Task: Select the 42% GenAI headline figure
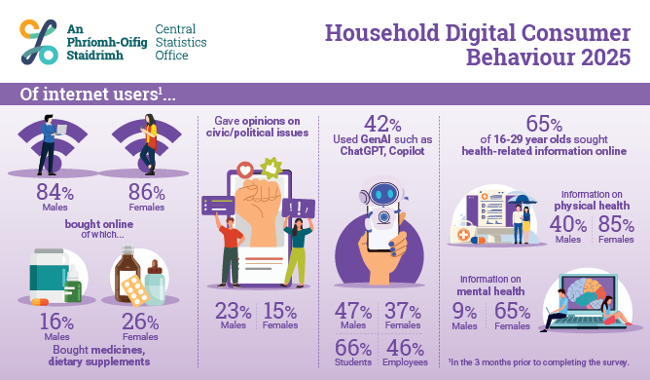click(x=382, y=124)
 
